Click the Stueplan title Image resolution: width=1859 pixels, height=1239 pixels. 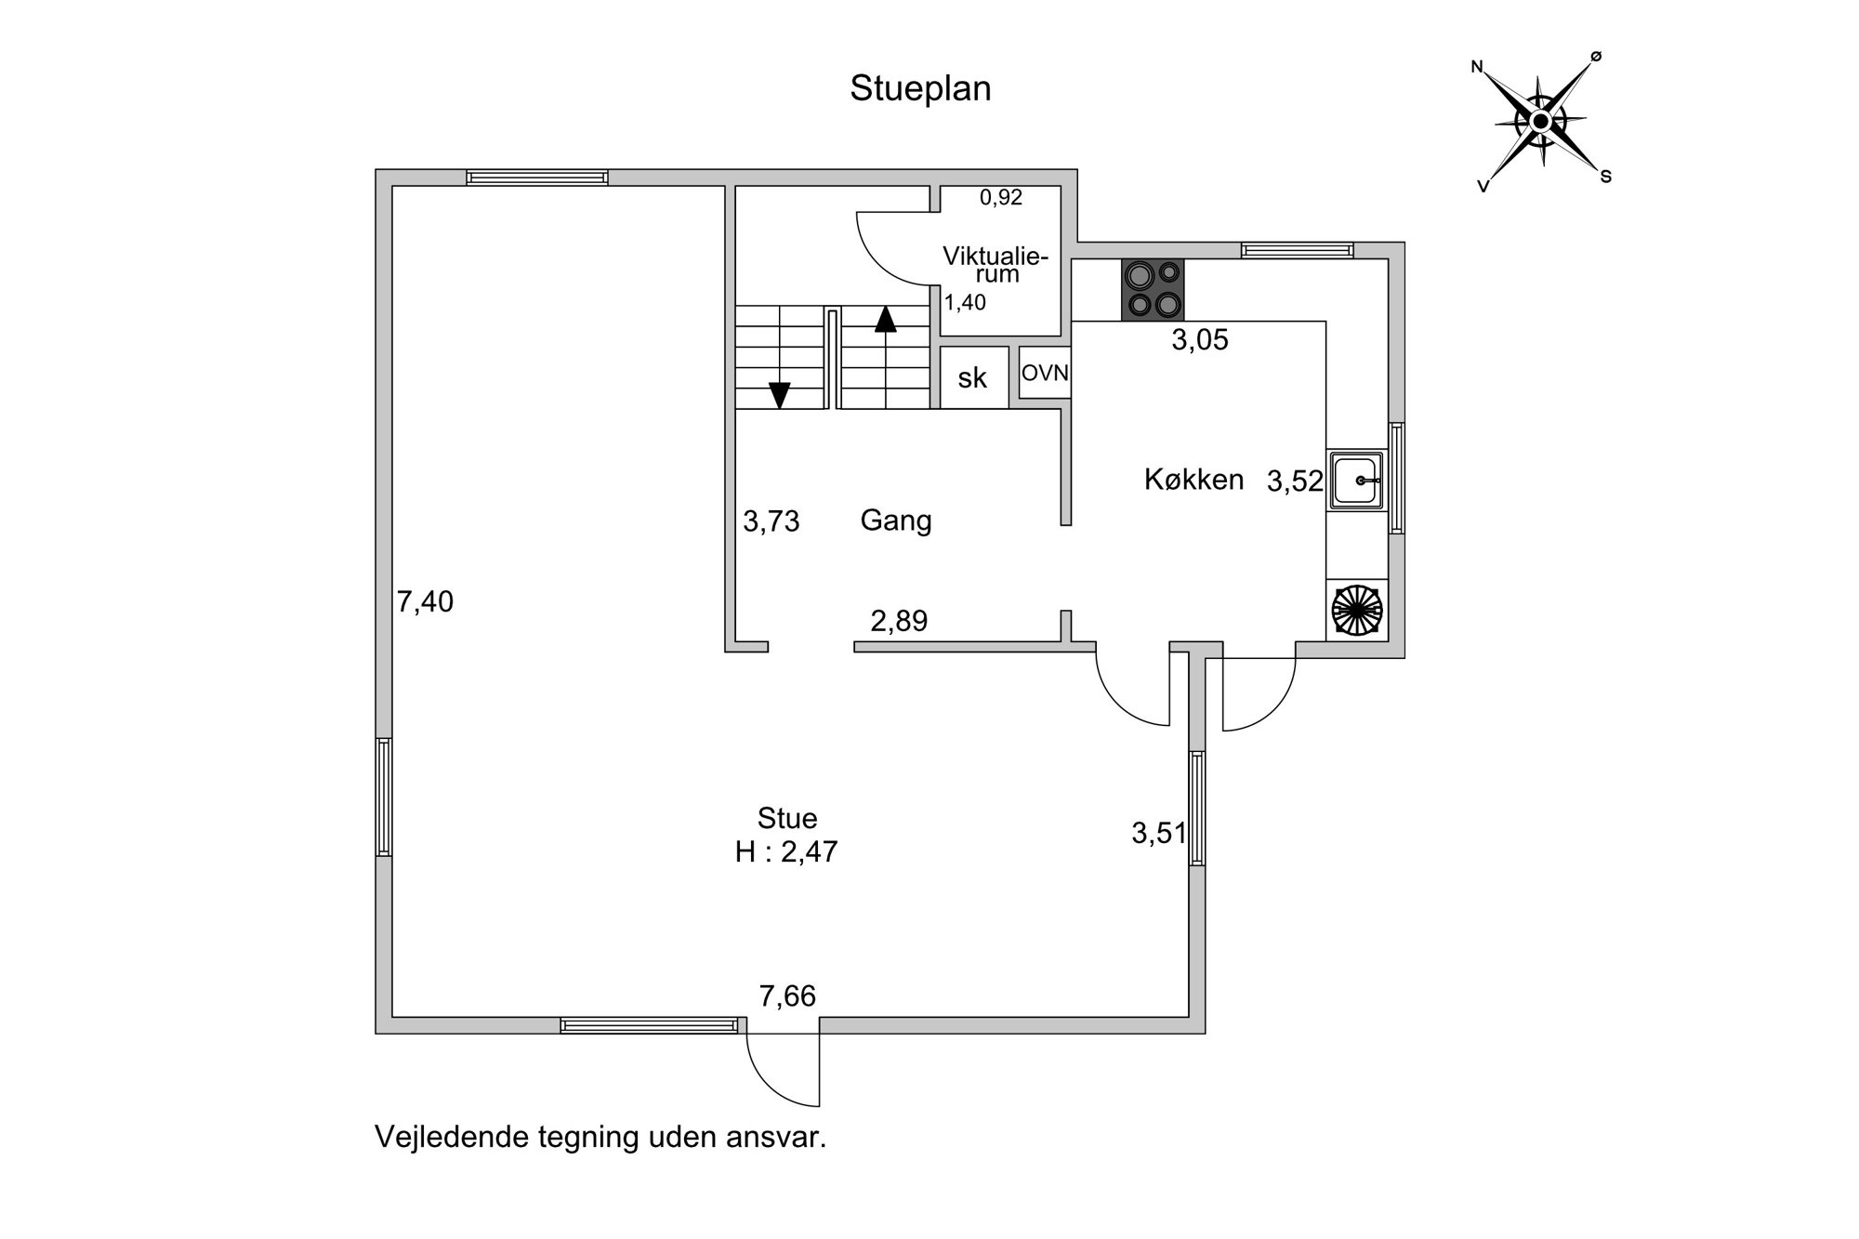(x=920, y=89)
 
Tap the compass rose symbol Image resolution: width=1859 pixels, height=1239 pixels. (x=1540, y=121)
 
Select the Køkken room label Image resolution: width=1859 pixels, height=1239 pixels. (x=1193, y=480)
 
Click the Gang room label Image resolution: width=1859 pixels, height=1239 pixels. (x=896, y=521)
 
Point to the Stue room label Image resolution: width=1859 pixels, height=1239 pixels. (x=787, y=819)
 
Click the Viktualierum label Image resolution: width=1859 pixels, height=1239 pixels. (x=995, y=264)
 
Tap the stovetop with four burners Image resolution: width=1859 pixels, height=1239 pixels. (x=1153, y=290)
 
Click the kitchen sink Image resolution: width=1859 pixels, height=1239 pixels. (x=1356, y=481)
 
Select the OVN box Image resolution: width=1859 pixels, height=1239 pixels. (x=1045, y=373)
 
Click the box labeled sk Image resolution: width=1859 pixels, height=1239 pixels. (x=973, y=377)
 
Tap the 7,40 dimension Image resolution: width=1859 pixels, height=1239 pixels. (x=426, y=602)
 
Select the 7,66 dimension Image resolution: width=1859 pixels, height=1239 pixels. (x=787, y=996)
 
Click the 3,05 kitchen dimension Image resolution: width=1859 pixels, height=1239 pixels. (x=1200, y=340)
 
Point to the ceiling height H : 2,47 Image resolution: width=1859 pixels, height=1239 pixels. (x=786, y=852)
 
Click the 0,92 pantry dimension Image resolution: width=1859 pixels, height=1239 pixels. (x=1001, y=197)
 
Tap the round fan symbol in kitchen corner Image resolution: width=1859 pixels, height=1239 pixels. (x=1357, y=610)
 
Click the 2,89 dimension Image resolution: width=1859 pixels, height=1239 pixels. (x=899, y=621)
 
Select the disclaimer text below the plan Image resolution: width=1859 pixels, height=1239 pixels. (x=600, y=1137)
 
